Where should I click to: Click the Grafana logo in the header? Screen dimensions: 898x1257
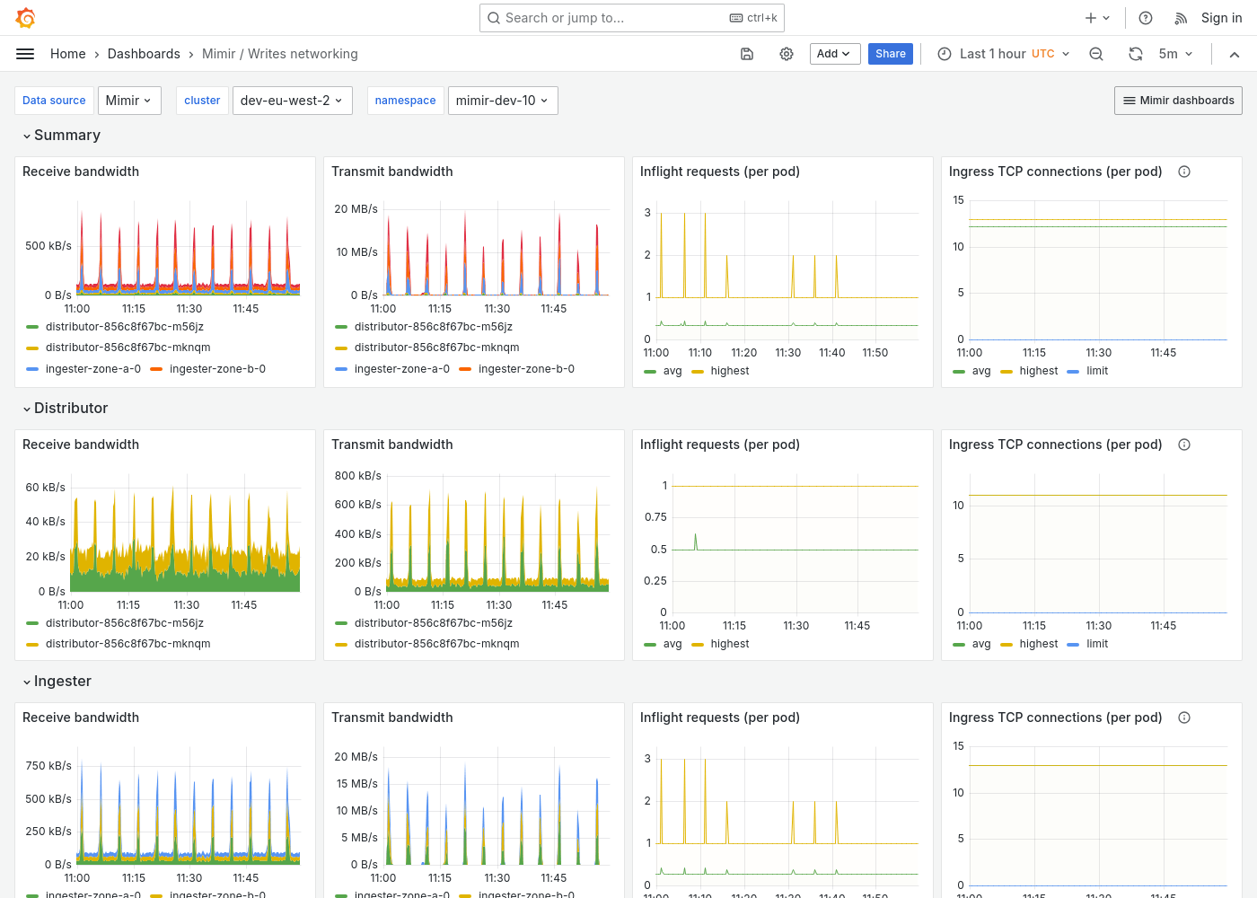pyautogui.click(x=26, y=18)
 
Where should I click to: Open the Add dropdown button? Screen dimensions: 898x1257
pyautogui.click(x=834, y=54)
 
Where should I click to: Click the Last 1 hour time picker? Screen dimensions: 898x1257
pyautogui.click(x=1004, y=54)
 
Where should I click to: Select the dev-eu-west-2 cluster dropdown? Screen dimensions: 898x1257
pyautogui.click(x=292, y=101)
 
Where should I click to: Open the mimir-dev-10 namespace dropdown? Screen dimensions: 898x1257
pyautogui.click(x=502, y=101)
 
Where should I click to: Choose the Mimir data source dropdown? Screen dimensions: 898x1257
pyautogui.click(x=129, y=101)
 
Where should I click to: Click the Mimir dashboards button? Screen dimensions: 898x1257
pyautogui.click(x=1178, y=101)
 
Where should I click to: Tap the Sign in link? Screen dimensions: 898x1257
pyautogui.click(x=1221, y=18)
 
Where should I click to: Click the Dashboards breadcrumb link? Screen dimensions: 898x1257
pyautogui.click(x=144, y=54)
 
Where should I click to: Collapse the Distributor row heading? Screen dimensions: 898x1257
pyautogui.click(x=70, y=408)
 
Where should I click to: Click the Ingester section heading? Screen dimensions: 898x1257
pyautogui.click(x=62, y=681)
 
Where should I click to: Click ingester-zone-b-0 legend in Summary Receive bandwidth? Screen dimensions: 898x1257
pyautogui.click(x=216, y=369)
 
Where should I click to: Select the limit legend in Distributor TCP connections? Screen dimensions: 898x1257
pyautogui.click(x=1096, y=644)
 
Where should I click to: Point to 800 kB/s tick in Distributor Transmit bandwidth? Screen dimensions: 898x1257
pyautogui.click(x=357, y=476)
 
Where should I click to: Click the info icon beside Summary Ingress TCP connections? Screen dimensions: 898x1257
pyautogui.click(x=1184, y=172)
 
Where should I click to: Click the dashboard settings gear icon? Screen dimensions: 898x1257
pyautogui.click(x=787, y=54)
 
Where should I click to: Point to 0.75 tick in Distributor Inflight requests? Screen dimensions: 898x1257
pyautogui.click(x=655, y=517)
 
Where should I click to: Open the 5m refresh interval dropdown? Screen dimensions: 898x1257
pyautogui.click(x=1175, y=54)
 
